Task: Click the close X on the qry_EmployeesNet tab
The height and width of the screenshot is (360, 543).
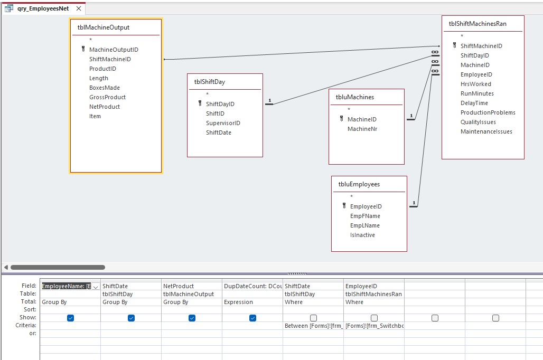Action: [79, 8]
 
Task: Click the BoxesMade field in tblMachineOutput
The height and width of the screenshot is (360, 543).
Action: [104, 88]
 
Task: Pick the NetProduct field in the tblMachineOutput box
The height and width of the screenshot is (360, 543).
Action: [105, 107]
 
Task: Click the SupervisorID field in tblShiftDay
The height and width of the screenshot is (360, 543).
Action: [223, 123]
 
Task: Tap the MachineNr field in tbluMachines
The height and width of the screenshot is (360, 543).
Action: [362, 129]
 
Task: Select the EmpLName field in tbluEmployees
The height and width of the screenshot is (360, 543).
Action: [365, 225]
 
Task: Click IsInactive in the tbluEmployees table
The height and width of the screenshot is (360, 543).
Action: [362, 235]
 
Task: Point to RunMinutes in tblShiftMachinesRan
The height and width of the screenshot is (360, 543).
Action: [477, 93]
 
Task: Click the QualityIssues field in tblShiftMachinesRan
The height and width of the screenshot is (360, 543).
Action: [478, 122]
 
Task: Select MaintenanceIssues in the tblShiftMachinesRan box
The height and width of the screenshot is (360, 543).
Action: [486, 131]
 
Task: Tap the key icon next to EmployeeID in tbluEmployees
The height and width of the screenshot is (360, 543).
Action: [344, 206]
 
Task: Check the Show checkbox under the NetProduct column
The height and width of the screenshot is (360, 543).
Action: [192, 318]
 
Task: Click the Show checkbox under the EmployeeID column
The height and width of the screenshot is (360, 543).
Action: [374, 318]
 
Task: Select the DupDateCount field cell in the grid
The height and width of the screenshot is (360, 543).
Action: [252, 286]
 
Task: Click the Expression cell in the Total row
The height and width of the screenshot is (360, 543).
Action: [252, 302]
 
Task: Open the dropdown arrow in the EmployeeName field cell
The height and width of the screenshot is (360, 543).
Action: [96, 287]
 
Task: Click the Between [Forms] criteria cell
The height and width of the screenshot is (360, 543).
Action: [313, 326]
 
